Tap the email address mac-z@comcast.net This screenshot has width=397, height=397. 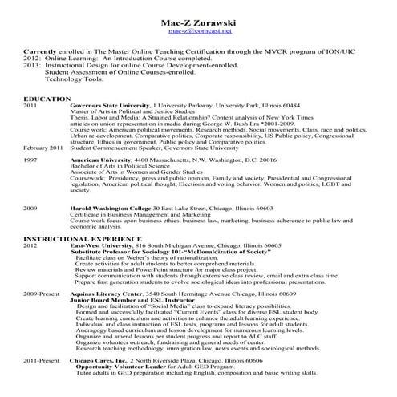pos(199,31)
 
